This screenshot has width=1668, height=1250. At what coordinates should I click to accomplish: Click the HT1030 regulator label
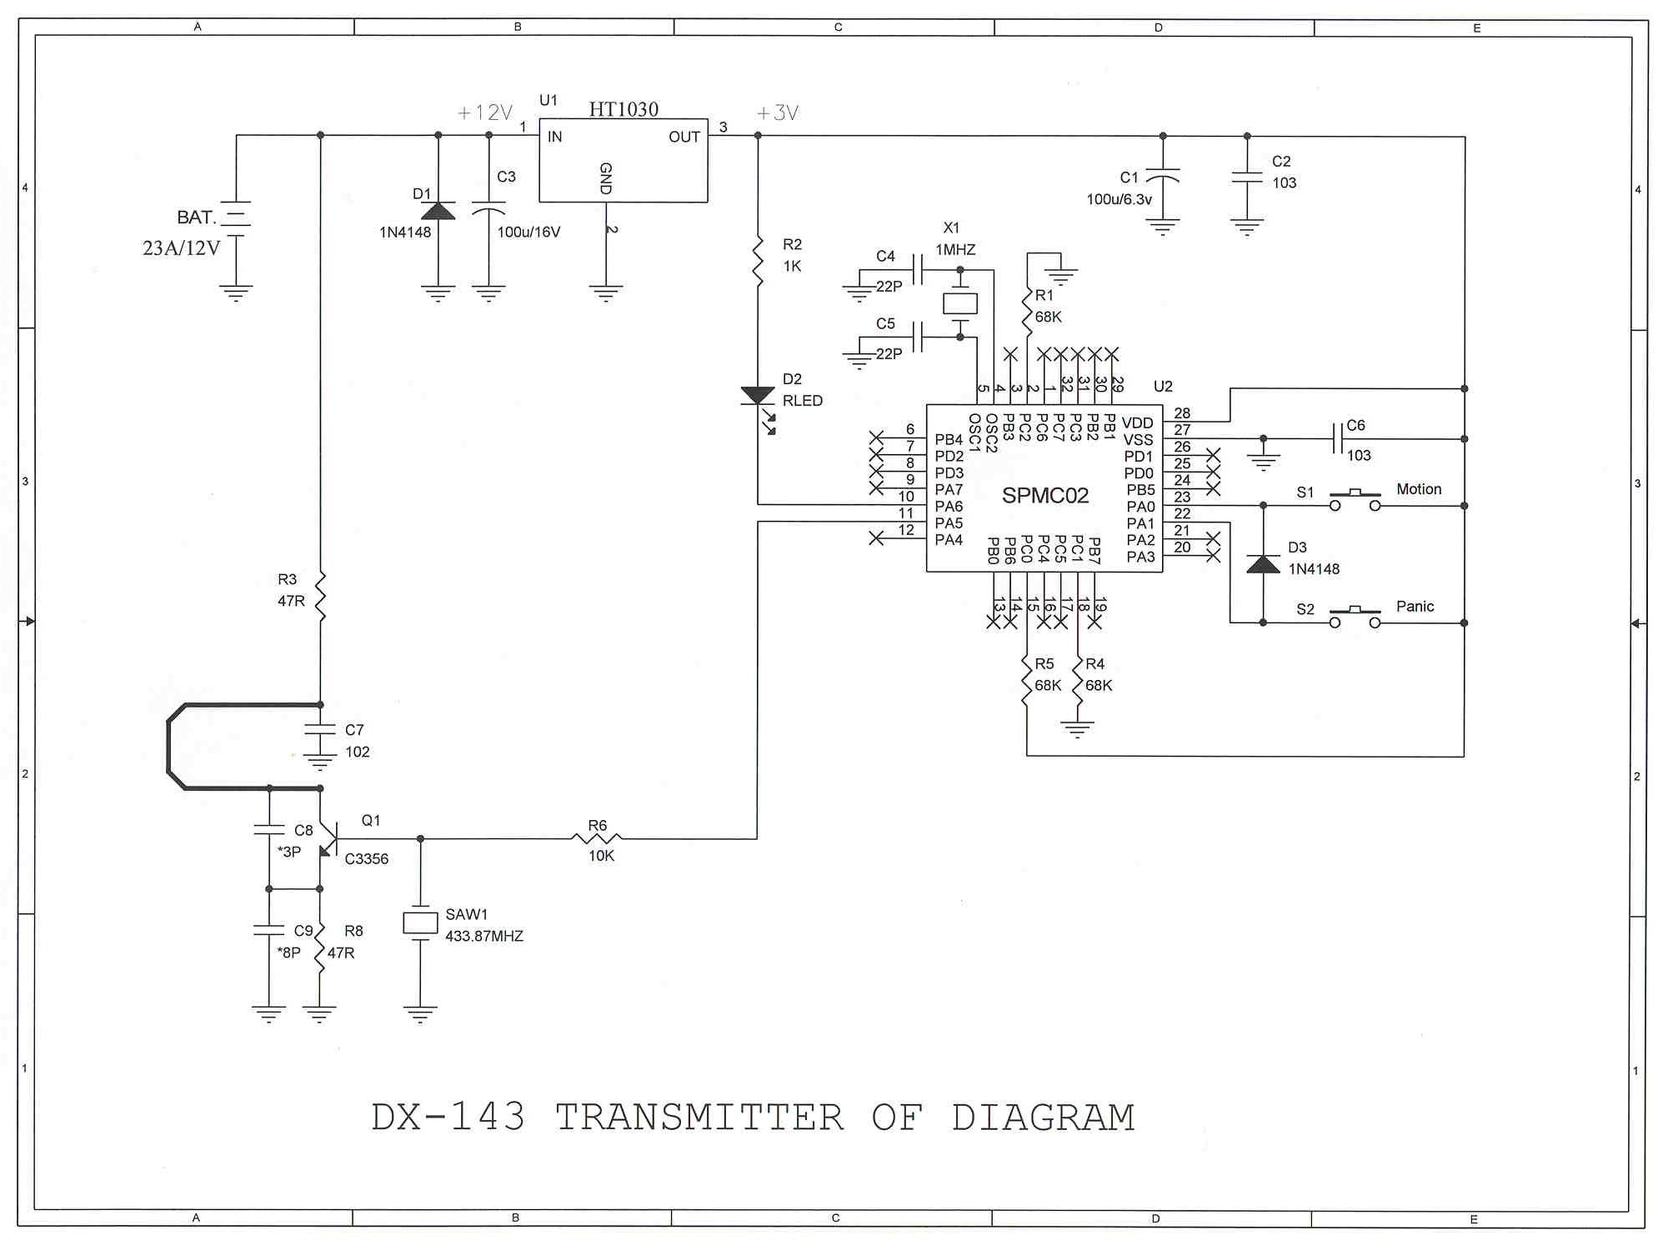pyautogui.click(x=624, y=109)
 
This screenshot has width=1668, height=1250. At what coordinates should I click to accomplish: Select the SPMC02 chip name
pyautogui.click(x=1044, y=496)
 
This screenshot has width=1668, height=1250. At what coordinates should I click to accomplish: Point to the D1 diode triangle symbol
pyautogui.click(x=438, y=211)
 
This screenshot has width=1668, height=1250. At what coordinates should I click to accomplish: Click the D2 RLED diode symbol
pyautogui.click(x=758, y=397)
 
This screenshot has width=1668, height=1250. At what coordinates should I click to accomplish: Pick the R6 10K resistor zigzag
pyautogui.click(x=597, y=838)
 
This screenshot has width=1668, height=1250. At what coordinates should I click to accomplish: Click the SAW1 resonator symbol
pyautogui.click(x=420, y=922)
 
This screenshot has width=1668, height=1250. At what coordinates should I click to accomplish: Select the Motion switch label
pyautogui.click(x=1418, y=489)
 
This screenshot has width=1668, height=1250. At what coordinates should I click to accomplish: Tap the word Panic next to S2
pyautogui.click(x=1415, y=606)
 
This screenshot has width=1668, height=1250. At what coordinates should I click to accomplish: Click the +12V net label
pyautogui.click(x=485, y=112)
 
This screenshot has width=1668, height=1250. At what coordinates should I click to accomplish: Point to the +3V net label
pyautogui.click(x=777, y=112)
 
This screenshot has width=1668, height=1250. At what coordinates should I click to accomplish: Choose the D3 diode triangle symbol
pyautogui.click(x=1263, y=564)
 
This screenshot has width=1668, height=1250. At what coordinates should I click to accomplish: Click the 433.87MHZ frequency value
pyautogui.click(x=484, y=936)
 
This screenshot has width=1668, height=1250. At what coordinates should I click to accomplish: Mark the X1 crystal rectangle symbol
pyautogui.click(x=959, y=303)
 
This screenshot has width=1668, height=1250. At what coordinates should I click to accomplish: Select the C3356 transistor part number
pyautogui.click(x=366, y=858)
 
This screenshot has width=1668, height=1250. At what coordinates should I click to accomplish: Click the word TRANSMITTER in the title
pyautogui.click(x=699, y=1117)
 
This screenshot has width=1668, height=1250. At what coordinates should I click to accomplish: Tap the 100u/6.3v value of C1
pyautogui.click(x=1119, y=199)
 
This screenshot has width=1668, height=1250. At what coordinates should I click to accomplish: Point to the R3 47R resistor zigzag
pyautogui.click(x=320, y=596)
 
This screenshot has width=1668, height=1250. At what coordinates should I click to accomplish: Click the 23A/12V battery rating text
pyautogui.click(x=181, y=247)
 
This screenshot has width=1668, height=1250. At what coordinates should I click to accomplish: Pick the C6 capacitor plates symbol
pyautogui.click(x=1337, y=438)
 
